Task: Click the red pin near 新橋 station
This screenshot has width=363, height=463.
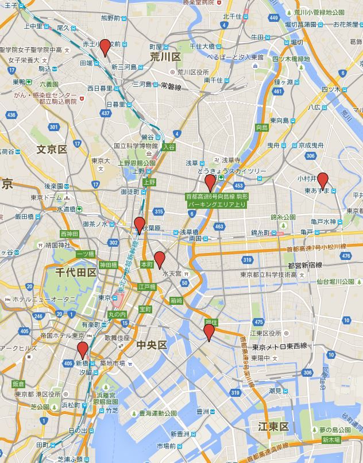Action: (83, 350)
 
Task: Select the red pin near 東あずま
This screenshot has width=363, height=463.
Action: (323, 181)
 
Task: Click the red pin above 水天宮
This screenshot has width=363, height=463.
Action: (160, 260)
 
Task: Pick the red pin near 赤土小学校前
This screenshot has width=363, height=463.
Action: (105, 47)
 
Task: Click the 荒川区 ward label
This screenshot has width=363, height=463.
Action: (165, 56)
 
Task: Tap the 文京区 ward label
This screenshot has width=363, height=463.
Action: (52, 150)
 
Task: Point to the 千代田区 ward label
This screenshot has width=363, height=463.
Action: (76, 272)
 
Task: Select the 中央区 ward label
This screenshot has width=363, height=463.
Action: (152, 345)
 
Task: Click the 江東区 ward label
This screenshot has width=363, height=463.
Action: (273, 426)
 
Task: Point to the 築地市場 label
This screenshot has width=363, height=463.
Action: (111, 363)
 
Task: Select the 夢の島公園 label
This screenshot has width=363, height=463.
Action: (334, 430)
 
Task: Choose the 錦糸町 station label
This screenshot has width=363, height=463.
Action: (264, 232)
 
